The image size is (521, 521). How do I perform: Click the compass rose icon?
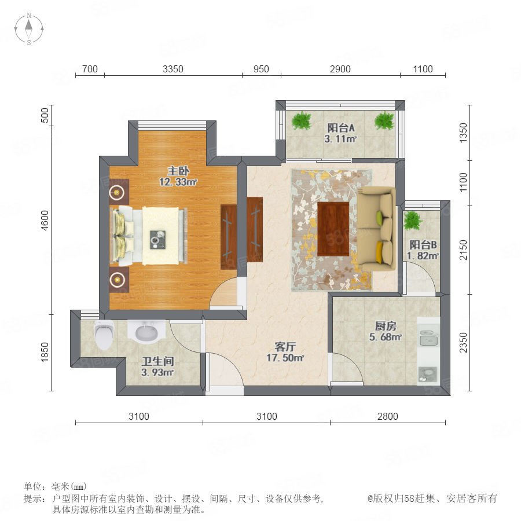[x=29, y=28]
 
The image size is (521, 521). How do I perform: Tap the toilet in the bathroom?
[x=104, y=335]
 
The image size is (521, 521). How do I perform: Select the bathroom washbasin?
[x=146, y=331]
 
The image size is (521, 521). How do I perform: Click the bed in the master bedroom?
[x=149, y=236]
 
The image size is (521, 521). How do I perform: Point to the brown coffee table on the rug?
[x=333, y=229]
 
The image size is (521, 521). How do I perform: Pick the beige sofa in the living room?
[x=376, y=229]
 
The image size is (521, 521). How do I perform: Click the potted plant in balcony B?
[x=412, y=221]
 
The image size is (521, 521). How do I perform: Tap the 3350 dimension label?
[x=173, y=69]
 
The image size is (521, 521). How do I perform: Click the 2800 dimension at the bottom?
[x=387, y=416]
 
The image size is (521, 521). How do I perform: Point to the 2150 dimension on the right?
[x=463, y=250]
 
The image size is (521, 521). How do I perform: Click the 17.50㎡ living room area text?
[x=285, y=358]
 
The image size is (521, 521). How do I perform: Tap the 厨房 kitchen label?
[x=386, y=326]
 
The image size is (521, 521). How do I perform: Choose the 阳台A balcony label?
[x=341, y=128]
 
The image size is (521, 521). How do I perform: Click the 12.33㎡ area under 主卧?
[x=178, y=182]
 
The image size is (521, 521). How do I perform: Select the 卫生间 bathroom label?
[x=158, y=361]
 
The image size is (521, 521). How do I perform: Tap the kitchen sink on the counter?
[x=428, y=338]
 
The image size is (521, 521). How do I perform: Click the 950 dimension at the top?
[x=261, y=69]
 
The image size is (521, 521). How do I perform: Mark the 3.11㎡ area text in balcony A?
[x=340, y=139]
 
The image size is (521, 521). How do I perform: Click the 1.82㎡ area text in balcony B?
[x=423, y=256]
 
